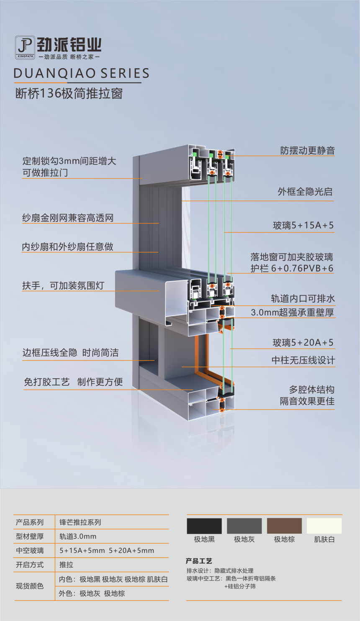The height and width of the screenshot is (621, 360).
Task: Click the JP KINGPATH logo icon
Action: pos(25,47)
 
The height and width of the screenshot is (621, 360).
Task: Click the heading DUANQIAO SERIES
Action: pos(82,74)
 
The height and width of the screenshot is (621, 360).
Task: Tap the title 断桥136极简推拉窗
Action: pos(69,93)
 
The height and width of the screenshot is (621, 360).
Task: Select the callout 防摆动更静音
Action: pos(307,151)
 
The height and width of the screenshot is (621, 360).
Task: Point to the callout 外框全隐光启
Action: pos(305,192)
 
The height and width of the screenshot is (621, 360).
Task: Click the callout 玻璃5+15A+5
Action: pos(303,225)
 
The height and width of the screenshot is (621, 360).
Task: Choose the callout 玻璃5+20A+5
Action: pos(303,343)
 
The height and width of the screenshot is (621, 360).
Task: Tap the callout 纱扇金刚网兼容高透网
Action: pos(68,218)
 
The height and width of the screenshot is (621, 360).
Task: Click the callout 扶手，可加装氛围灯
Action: pos(63,285)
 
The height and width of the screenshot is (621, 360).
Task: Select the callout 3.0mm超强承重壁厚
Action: pos(292,313)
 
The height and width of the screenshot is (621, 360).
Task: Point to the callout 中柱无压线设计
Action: pos(303,360)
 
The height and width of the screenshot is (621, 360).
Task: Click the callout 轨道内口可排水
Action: pos(303,299)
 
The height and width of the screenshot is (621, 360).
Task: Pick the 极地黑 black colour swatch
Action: pos(204,526)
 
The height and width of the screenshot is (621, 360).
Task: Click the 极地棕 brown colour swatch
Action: pos(284,526)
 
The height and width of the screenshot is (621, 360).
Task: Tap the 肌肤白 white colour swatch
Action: pos(324,526)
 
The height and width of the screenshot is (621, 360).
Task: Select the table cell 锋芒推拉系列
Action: pos(80,522)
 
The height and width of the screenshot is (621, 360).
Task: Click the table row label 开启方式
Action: pos(30,565)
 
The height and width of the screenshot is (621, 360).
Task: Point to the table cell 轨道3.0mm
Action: pos(78,536)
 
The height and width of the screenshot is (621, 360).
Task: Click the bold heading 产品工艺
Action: pos(199,561)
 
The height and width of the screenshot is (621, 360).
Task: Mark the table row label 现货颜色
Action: pos(30,586)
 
